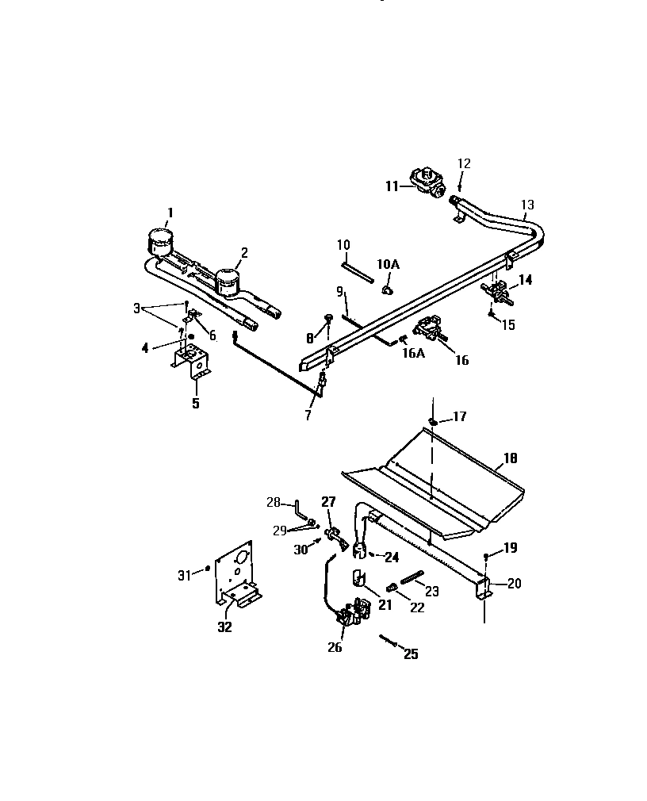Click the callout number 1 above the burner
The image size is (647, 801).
tap(169, 212)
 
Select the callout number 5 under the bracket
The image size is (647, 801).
tap(195, 403)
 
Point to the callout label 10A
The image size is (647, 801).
tap(389, 263)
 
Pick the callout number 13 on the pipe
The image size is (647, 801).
tap(527, 205)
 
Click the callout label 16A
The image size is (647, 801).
tap(413, 353)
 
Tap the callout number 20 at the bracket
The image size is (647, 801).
tap(514, 584)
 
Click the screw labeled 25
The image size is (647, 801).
tap(388, 640)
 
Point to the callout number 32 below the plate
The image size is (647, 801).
tap(225, 627)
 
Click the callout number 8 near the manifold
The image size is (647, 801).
tap(309, 338)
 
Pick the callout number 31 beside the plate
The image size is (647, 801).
tap(184, 575)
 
